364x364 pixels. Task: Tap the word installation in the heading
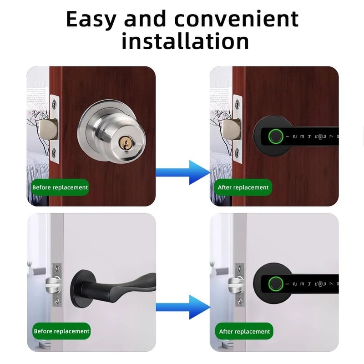pos(185,41)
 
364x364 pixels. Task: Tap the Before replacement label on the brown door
pos(60,187)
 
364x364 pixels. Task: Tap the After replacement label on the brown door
pos(243,187)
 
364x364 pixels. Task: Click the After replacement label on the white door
pos(244,331)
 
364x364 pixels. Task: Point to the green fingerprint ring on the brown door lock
pos(275,136)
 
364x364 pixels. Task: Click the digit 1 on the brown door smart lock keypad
pos(294,136)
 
